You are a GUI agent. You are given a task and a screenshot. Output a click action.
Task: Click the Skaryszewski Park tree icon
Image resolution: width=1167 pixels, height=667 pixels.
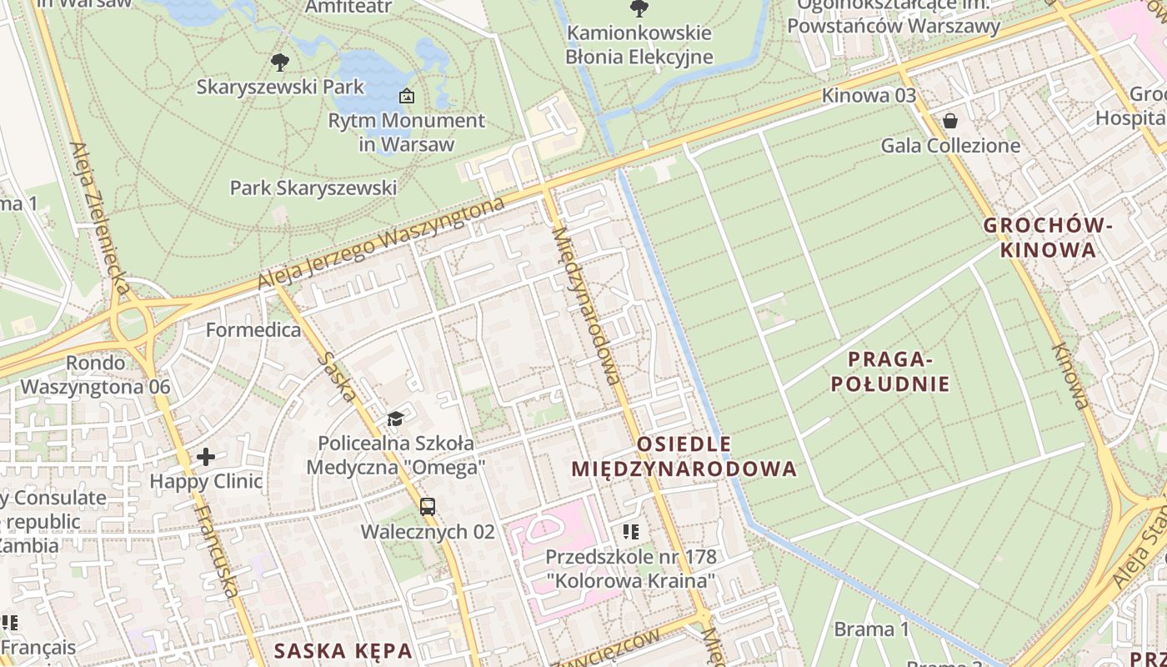[280, 62]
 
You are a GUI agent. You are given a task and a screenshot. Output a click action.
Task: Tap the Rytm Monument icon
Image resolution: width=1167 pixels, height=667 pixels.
[407, 96]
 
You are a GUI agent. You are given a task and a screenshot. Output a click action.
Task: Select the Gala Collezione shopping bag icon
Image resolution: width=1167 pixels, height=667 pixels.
[949, 122]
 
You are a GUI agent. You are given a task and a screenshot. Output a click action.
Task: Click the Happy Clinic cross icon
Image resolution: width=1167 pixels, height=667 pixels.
[206, 457]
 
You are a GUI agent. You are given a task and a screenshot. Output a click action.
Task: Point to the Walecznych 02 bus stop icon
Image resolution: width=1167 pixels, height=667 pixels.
[428, 506]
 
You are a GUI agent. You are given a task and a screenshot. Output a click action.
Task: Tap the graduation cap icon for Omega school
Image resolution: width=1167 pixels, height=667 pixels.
[395, 419]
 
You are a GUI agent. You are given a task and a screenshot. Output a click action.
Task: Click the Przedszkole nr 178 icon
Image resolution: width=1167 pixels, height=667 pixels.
[631, 531]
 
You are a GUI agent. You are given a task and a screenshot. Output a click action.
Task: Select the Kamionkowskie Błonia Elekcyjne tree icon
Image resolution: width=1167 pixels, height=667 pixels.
[639, 9]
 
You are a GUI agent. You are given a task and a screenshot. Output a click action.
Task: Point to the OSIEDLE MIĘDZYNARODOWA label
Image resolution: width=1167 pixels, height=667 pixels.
[684, 456]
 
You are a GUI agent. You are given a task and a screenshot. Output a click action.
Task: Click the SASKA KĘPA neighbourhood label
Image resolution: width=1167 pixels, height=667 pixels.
[343, 650]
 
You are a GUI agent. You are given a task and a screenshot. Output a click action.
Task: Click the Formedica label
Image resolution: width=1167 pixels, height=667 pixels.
[253, 330]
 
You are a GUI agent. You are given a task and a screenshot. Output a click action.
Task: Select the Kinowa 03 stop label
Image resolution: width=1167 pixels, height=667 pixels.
[869, 95]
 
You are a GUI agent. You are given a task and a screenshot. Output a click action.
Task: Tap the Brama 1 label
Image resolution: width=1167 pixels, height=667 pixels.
[871, 629]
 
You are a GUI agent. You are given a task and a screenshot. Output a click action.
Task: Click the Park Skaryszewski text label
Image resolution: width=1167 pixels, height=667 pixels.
[313, 188]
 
